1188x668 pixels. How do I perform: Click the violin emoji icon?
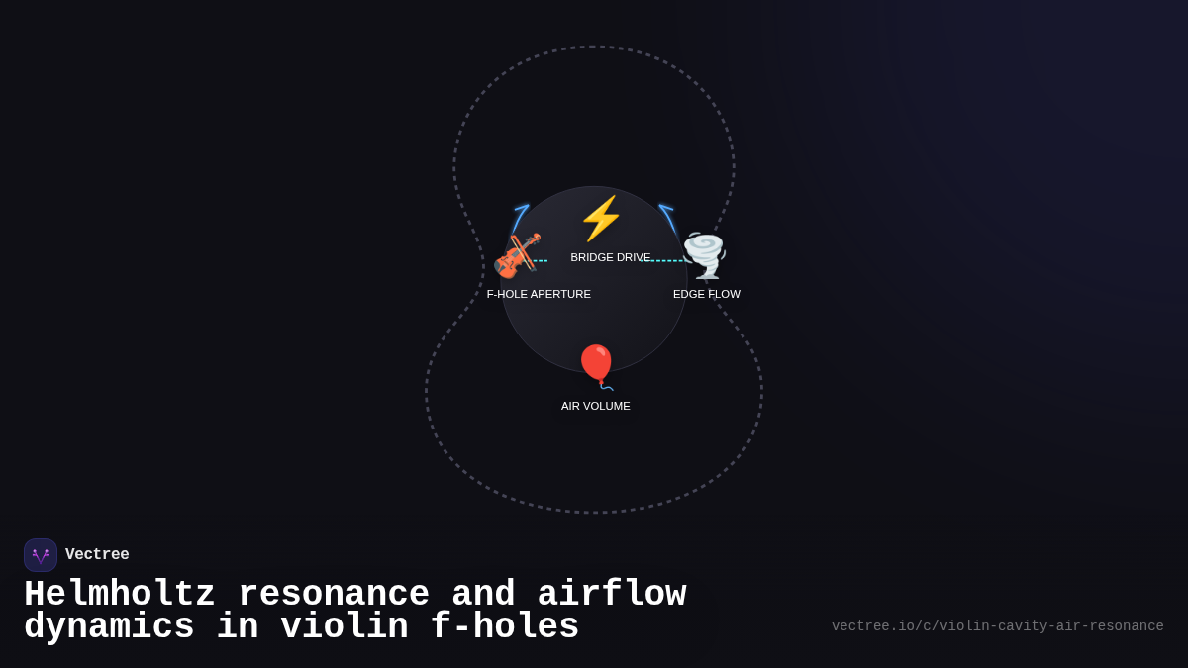(x=517, y=255)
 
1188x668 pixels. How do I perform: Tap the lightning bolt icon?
(x=601, y=219)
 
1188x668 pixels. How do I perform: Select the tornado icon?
(x=705, y=255)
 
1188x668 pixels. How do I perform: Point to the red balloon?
(x=596, y=364)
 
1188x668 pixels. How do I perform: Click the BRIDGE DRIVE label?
(x=610, y=257)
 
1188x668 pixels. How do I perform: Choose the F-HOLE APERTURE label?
(x=539, y=294)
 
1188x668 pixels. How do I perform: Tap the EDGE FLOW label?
(x=707, y=294)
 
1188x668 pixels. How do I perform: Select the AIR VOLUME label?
(x=596, y=406)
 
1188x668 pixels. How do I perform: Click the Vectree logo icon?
(x=41, y=555)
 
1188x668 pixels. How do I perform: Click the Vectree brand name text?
(x=97, y=555)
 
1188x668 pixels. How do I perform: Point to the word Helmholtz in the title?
(x=120, y=595)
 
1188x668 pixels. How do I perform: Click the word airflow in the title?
(x=611, y=595)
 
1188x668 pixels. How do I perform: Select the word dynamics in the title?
(x=109, y=627)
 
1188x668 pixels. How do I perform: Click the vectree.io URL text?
(x=997, y=626)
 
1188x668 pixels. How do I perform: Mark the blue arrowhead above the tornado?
(x=665, y=208)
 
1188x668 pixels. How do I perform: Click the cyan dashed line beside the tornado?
(x=663, y=261)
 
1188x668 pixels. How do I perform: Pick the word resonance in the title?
(x=334, y=595)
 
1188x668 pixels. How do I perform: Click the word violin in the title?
(x=344, y=627)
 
